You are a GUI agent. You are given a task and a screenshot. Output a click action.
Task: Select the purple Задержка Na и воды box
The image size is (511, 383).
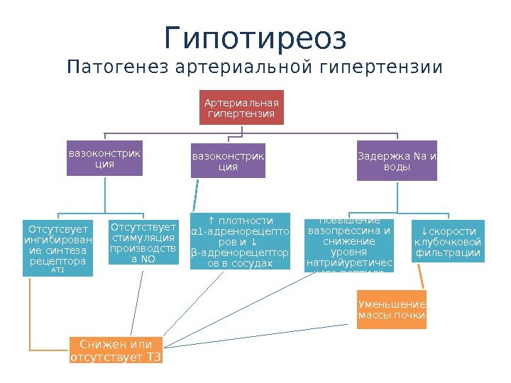pyautogui.click(x=396, y=161)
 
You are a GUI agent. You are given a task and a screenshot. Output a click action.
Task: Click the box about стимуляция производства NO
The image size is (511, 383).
pyautogui.click(x=143, y=243)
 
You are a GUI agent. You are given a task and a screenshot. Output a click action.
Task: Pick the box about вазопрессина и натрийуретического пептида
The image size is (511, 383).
pyautogui.click(x=348, y=245)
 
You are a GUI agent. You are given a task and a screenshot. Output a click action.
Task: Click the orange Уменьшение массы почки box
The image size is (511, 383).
pyautogui.click(x=392, y=309)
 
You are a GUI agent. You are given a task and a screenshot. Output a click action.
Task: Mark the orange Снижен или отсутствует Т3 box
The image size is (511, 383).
pyautogui.click(x=116, y=350)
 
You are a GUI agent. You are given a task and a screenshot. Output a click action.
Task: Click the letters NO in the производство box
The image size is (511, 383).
pyautogui.click(x=148, y=259)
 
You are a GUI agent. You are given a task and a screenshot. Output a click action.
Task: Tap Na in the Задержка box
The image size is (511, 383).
pyautogui.click(x=419, y=156)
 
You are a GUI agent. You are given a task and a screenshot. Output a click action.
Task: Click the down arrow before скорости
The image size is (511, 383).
pyautogui.click(x=424, y=231)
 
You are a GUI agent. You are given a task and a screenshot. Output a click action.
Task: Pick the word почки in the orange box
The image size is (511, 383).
pyautogui.click(x=412, y=315)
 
